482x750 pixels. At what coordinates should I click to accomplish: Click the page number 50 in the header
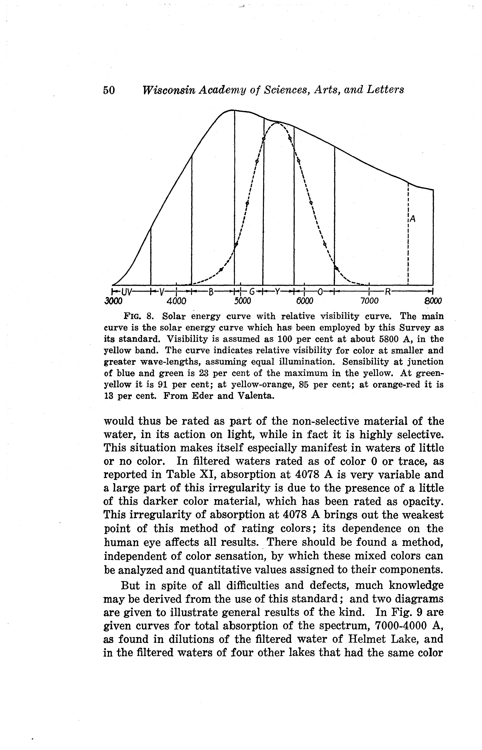coord(109,90)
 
